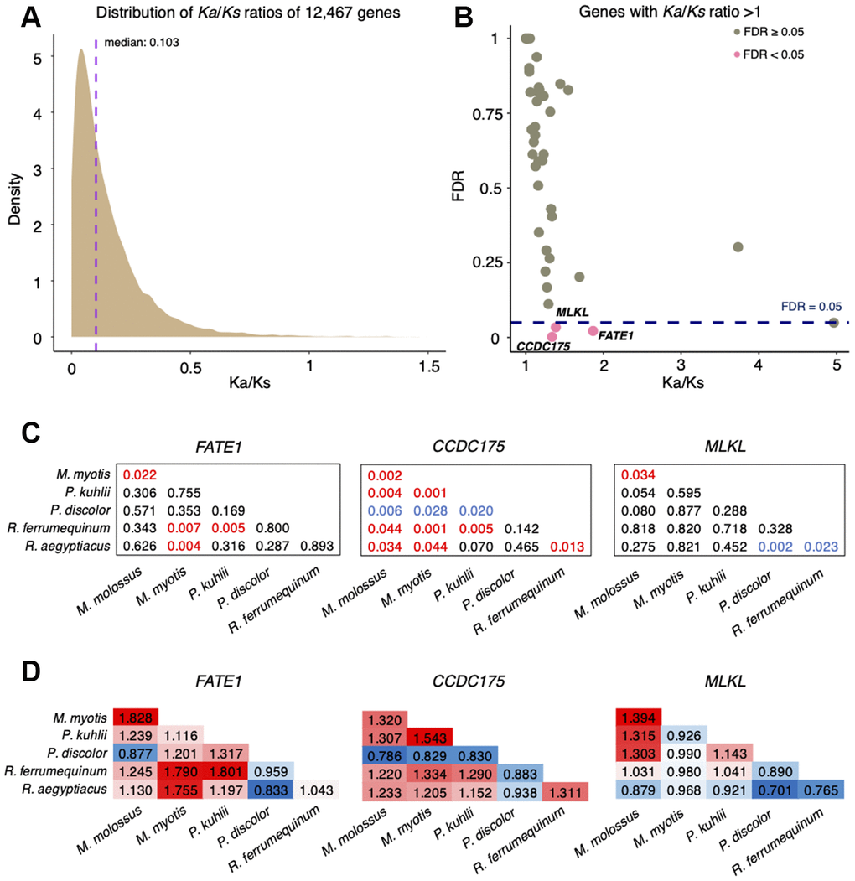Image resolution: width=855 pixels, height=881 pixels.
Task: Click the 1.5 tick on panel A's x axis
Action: tap(429, 365)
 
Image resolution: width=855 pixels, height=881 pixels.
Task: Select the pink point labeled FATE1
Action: tap(593, 331)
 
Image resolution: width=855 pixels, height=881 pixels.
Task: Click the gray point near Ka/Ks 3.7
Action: tap(738, 247)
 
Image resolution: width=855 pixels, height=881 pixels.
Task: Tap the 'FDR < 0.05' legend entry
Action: tap(768, 55)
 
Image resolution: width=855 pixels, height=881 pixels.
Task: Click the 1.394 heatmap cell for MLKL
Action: tap(639, 718)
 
